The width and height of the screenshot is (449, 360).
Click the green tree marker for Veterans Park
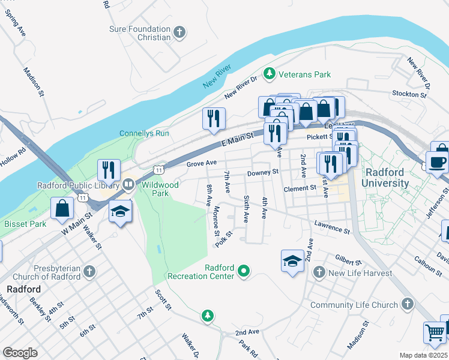click(x=270, y=73)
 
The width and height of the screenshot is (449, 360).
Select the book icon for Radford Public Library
click(x=128, y=185)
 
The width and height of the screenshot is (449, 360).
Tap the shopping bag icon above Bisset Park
click(x=62, y=209)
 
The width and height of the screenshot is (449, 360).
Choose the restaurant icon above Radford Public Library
click(x=109, y=170)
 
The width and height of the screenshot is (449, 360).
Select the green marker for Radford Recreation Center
click(x=243, y=272)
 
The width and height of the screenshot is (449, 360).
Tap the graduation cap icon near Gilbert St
click(x=292, y=261)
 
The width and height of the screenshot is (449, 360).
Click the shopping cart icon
click(x=435, y=332)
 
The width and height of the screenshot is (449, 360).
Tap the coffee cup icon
click(x=438, y=161)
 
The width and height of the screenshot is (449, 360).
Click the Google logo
click(x=20, y=353)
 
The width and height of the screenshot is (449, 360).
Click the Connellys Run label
click(x=144, y=133)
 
